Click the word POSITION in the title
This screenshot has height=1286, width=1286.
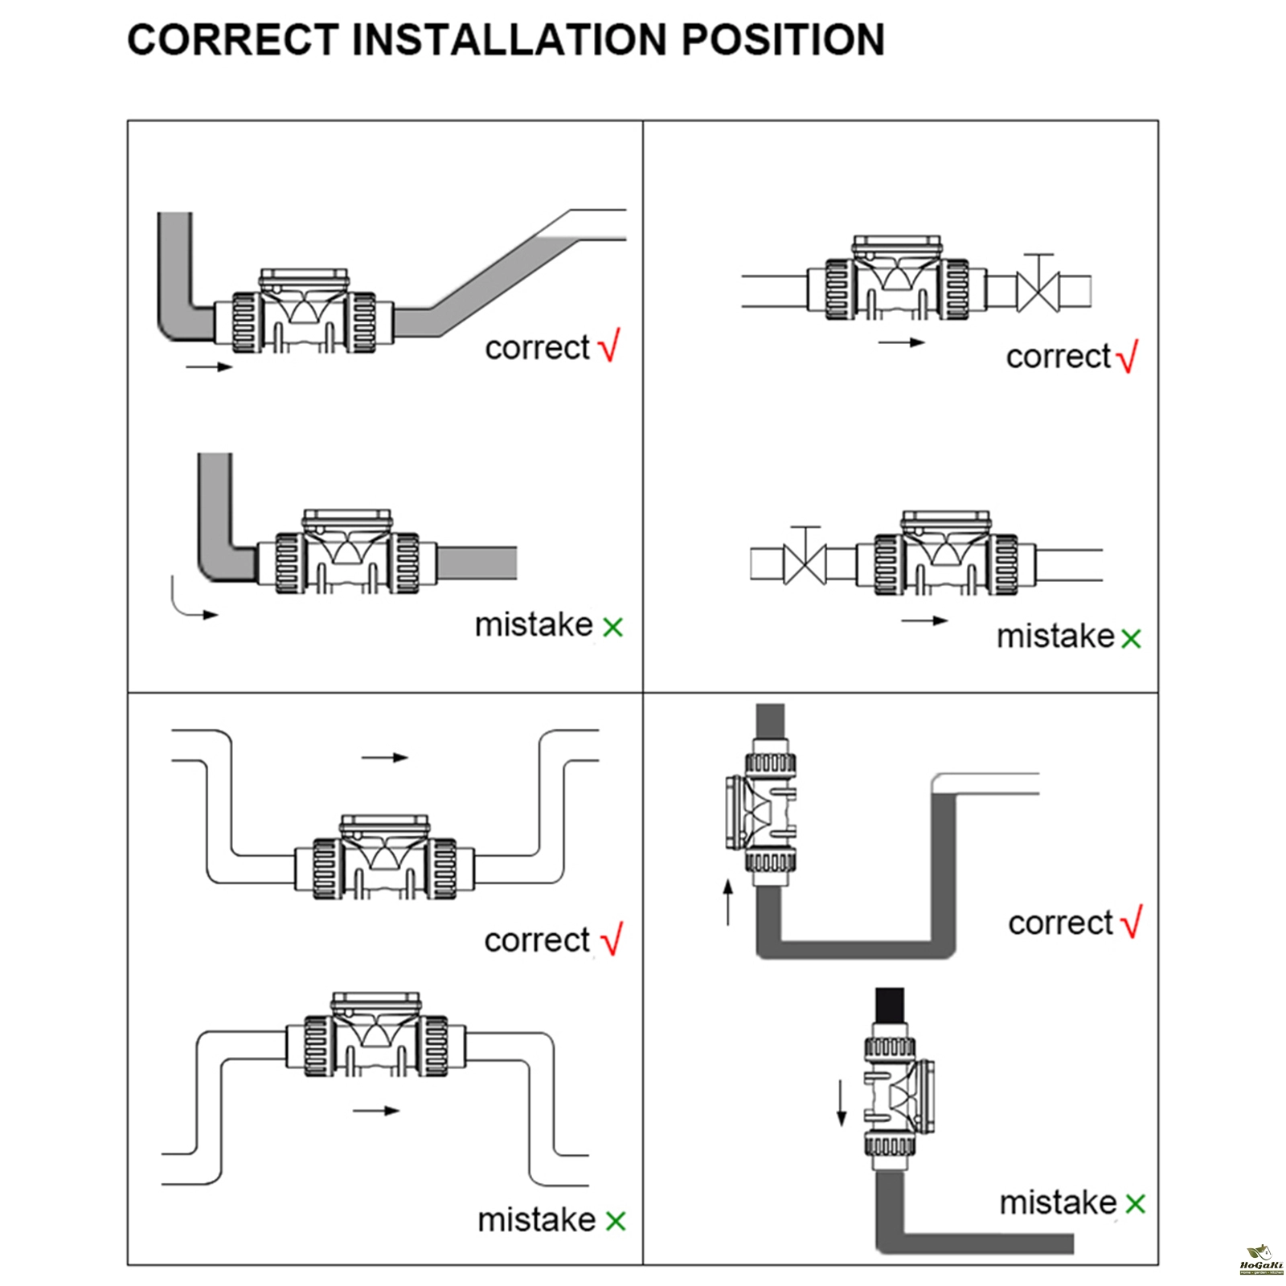(783, 39)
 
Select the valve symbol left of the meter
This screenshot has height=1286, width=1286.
(806, 560)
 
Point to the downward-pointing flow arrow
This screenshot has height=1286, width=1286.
(842, 1104)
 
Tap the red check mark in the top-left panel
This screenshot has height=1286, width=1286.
(609, 346)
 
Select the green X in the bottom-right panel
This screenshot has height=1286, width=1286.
(1135, 1203)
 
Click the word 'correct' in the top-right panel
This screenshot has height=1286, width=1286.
(1058, 357)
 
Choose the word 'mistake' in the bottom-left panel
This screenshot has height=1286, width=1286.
(536, 1219)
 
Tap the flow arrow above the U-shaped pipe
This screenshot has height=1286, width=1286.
(385, 757)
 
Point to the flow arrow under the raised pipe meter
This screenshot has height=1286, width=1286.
(376, 1111)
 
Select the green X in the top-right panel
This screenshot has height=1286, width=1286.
(1131, 639)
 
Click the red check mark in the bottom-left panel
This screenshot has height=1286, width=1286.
(611, 939)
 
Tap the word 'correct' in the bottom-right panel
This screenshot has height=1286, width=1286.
(1060, 923)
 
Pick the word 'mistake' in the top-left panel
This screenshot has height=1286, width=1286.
(533, 625)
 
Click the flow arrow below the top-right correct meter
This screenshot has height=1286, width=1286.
(901, 342)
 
